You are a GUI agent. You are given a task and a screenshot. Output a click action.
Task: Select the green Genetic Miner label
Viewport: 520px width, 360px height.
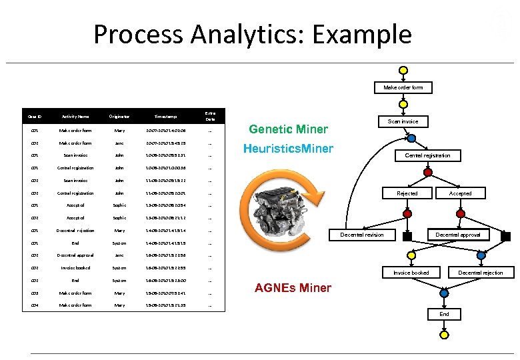click(288, 129)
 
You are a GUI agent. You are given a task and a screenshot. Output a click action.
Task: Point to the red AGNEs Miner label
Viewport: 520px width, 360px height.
click(293, 288)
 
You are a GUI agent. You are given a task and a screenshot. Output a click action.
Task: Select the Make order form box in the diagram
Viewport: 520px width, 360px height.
click(403, 87)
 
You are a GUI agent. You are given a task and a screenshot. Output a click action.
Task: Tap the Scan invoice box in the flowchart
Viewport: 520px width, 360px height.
click(403, 121)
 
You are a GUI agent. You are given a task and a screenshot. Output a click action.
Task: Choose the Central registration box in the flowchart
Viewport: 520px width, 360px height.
click(427, 155)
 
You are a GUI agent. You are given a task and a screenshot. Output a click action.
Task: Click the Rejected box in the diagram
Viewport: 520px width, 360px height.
click(407, 193)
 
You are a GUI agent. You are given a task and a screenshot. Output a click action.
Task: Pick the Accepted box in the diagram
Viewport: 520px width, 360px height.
click(460, 193)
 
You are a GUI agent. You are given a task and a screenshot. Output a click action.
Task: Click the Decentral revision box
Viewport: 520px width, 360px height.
click(362, 235)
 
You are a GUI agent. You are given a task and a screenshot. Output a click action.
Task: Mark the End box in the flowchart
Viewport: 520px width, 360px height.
click(444, 314)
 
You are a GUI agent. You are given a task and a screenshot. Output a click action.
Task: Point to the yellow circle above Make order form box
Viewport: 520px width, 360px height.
click(403, 71)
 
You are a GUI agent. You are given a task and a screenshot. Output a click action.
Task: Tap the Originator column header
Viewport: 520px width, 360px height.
click(119, 116)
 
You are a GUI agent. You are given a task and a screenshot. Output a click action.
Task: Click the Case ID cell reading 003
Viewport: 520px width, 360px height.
click(34, 293)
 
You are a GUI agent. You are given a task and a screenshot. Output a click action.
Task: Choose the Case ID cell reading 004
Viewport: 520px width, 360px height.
click(34, 305)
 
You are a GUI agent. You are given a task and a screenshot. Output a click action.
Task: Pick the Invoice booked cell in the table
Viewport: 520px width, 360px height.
click(75, 268)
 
